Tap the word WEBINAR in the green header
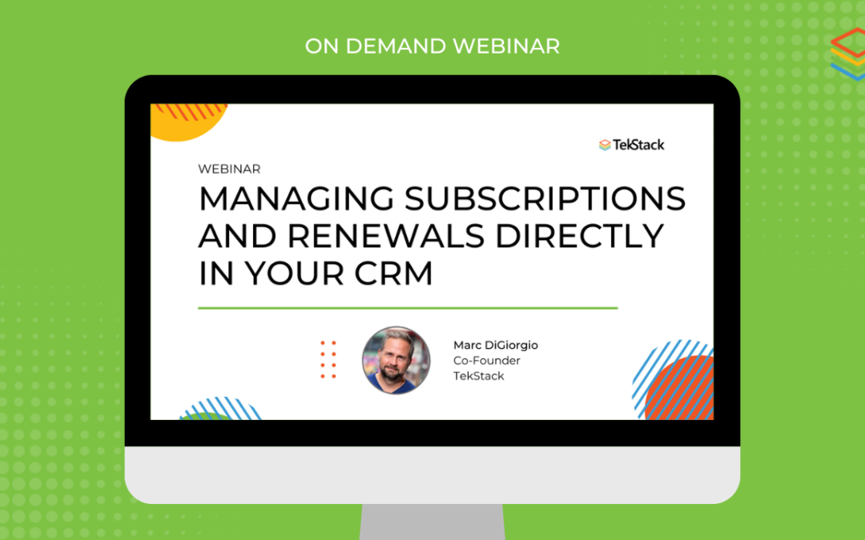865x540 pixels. tap(506, 46)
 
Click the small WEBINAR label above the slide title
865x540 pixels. tap(229, 169)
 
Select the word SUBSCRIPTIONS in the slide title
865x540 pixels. tap(545, 198)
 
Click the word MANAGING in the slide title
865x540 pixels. tap(297, 198)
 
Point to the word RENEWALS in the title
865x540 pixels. tap(386, 236)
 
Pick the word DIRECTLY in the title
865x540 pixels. tap(580, 236)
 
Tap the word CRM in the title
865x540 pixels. tap(393, 274)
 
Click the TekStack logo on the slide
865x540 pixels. tap(632, 145)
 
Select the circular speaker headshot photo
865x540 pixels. tap(396, 360)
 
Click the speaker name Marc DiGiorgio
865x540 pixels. tap(496, 345)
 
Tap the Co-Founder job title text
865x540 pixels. tap(487, 360)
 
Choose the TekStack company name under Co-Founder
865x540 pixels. tap(479, 376)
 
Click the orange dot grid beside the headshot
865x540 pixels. tap(328, 359)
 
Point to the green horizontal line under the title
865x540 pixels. tap(408, 308)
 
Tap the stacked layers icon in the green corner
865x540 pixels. tap(848, 54)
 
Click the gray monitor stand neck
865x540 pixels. tap(432, 522)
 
